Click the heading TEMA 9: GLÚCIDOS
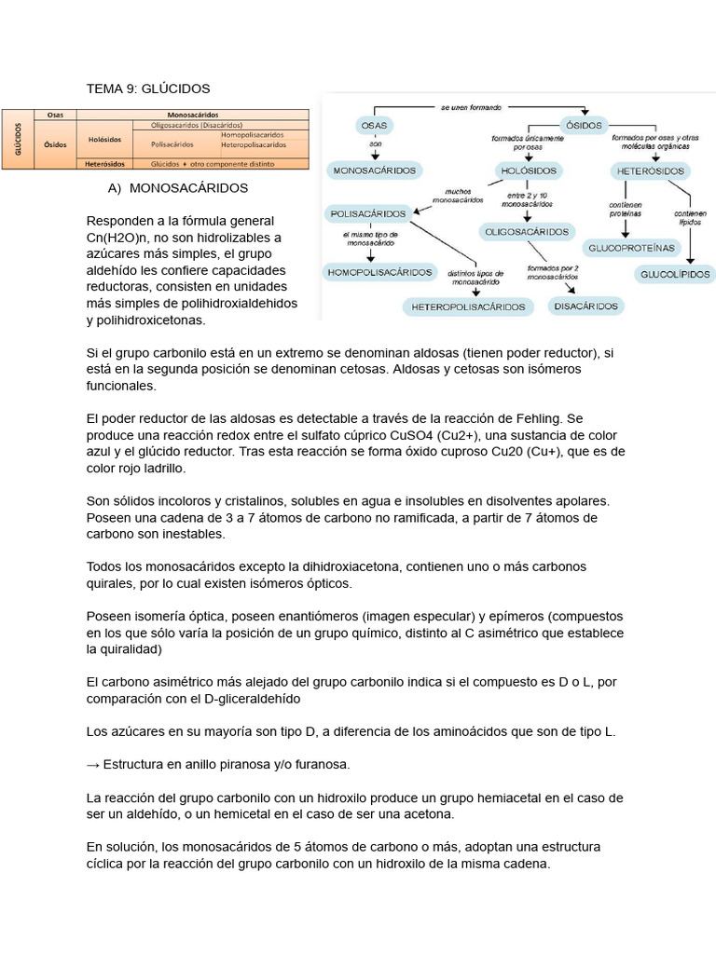148,89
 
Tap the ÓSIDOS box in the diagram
584,125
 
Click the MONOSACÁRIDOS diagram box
375,170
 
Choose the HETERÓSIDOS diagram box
651,171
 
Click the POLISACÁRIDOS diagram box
369,213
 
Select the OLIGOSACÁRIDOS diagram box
526,231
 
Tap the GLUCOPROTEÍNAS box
629,248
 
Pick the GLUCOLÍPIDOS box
676,274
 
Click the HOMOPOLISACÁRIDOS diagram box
379,272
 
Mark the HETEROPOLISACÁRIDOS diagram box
468,306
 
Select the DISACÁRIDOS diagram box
585,306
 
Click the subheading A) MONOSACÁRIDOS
178,187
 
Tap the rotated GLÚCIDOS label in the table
17,140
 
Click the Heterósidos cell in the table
104,164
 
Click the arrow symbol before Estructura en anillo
92,764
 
